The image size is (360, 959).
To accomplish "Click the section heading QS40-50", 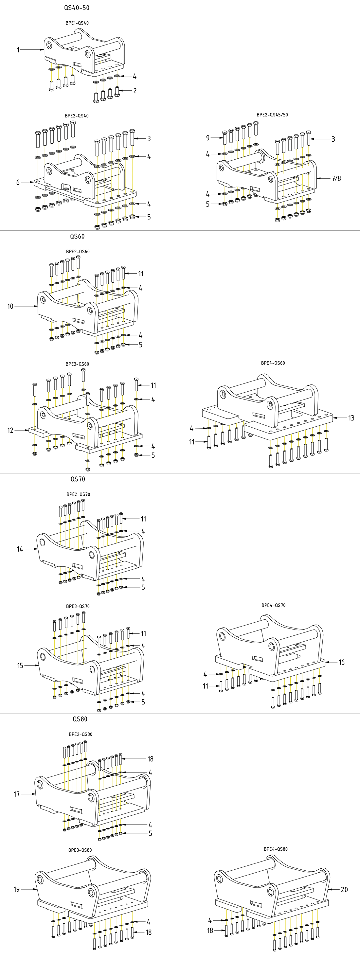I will (77, 8).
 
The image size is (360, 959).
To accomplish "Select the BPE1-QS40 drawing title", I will (77, 23).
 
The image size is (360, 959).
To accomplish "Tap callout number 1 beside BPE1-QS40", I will (18, 49).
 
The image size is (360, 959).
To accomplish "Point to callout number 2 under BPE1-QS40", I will (135, 90).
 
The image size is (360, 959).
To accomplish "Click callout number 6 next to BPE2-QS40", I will (18, 183).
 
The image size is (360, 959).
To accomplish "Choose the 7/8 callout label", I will (336, 178).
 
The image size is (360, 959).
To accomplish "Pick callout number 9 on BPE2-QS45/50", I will (208, 138).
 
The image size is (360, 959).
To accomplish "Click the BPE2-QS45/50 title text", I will (272, 115).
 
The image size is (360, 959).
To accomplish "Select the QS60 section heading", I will (78, 237).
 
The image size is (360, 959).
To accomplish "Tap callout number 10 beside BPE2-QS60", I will (10, 306).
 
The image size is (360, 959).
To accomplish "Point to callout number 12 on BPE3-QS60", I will (10, 430).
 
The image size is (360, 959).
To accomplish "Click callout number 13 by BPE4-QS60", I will (351, 418).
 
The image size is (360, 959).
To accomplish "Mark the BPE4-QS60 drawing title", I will (273, 363).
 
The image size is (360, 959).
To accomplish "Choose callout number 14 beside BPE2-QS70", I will (20, 549).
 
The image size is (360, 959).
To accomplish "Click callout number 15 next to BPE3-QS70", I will (20, 665).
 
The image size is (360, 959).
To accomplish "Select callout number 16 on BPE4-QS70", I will (341, 662).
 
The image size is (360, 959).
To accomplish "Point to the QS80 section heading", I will (80, 719).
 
